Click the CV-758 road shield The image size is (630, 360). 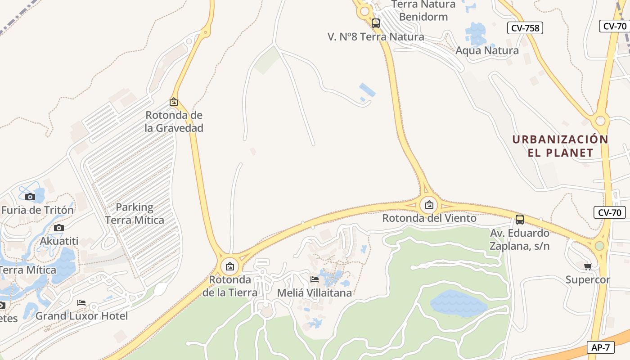526,28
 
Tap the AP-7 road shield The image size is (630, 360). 601,347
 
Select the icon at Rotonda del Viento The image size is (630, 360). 429,205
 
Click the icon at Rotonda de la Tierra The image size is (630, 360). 230,266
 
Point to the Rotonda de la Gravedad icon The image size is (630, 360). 174,102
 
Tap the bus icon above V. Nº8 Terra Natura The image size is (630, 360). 376,23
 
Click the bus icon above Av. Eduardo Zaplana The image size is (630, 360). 520,220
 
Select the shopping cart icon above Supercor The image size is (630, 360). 588,267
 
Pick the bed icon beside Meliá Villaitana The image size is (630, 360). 315,279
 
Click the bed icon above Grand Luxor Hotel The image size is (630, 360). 81,303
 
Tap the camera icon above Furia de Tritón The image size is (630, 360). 30,197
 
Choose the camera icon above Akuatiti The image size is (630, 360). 59,228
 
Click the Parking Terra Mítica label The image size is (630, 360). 134,214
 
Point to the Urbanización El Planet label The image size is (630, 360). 560,146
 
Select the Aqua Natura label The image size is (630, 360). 487,50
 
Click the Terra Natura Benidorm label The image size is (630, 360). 423,11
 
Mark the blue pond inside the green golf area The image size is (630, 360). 458,303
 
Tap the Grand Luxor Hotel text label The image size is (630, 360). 81,316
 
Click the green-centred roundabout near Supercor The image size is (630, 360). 599,246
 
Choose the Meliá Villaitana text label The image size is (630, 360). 314,292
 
